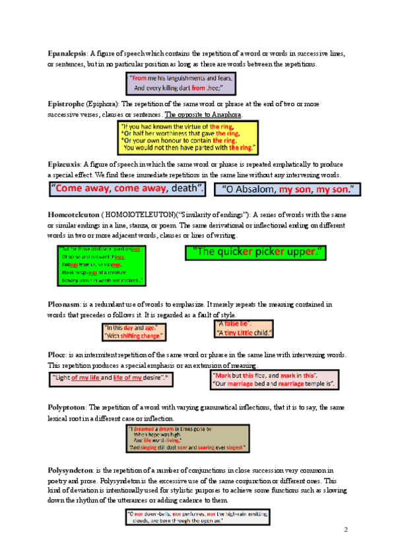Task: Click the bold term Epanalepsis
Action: pos(67,53)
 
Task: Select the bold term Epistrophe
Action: pos(65,104)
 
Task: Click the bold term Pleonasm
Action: pos(64,305)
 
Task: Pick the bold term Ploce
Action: pos(57,355)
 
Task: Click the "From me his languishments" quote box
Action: pos(180,83)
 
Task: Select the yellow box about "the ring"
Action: pos(187,136)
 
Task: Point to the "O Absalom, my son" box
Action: pos(288,190)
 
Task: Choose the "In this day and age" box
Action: pos(133,332)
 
